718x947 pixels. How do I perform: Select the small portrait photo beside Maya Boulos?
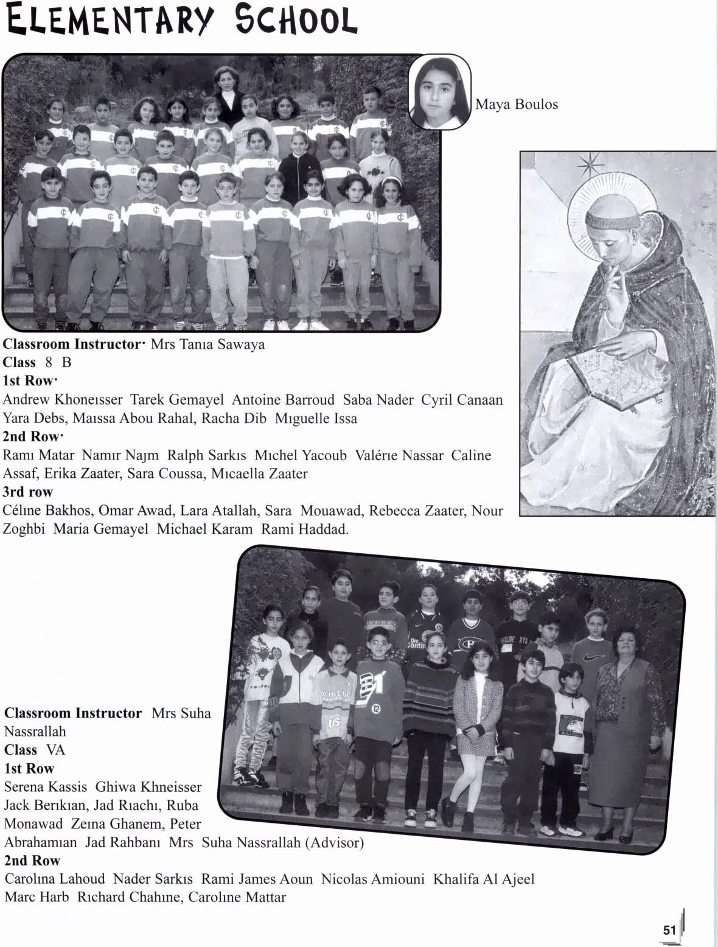(x=439, y=93)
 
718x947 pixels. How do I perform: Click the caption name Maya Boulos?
(x=516, y=105)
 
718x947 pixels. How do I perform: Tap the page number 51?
(x=669, y=930)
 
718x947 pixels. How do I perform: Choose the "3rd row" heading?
(x=28, y=492)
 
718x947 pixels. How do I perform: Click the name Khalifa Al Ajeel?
(x=484, y=879)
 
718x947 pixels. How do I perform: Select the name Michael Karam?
(x=204, y=529)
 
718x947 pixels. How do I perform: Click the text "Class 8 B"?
(x=37, y=363)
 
